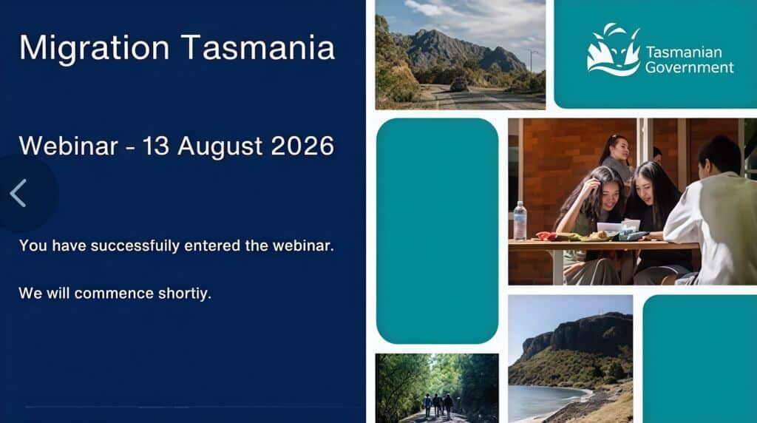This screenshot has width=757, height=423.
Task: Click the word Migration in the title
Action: tap(94, 49)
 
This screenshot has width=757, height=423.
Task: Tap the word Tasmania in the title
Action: tap(258, 47)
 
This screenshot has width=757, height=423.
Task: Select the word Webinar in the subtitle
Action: tap(68, 146)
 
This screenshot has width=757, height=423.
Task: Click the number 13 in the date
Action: tap(155, 146)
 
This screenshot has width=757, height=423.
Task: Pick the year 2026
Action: tap(302, 146)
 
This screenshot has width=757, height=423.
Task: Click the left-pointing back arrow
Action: tap(18, 193)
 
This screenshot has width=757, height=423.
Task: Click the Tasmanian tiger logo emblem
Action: tap(613, 50)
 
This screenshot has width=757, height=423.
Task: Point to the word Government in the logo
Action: tap(690, 67)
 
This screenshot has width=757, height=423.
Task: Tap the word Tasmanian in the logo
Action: tap(684, 53)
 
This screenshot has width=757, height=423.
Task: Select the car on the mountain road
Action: tap(458, 84)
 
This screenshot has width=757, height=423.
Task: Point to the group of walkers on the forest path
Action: tap(438, 405)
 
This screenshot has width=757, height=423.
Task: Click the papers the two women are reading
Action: tap(619, 226)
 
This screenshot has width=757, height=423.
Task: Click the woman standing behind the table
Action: tap(616, 154)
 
